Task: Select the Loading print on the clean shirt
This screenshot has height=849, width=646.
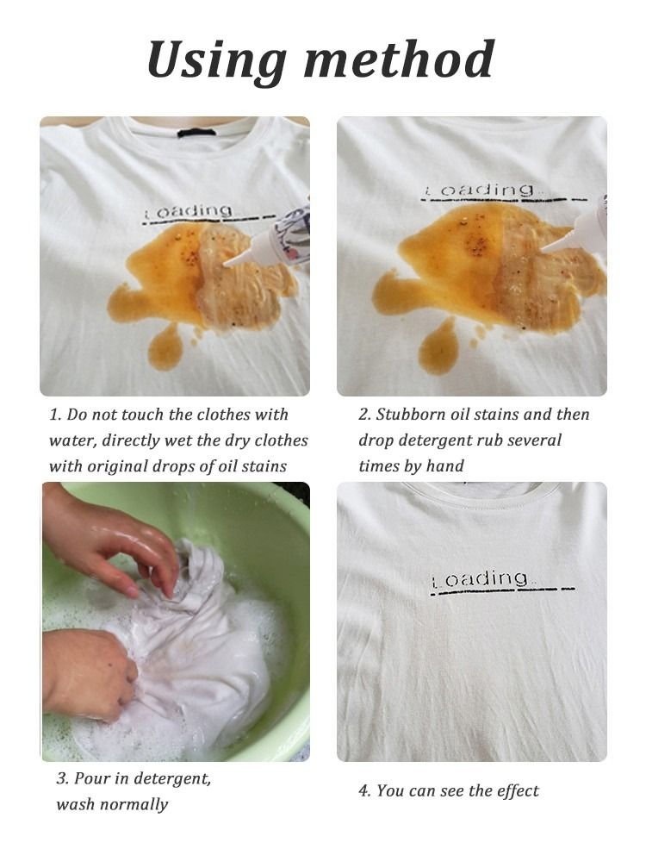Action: [x=481, y=579]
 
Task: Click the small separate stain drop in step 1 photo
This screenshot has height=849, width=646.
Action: [x=165, y=348]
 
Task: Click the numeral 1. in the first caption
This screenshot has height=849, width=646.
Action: [x=55, y=415]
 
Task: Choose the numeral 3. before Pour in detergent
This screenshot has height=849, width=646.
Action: [x=62, y=779]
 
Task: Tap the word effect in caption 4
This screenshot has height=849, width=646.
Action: [x=516, y=790]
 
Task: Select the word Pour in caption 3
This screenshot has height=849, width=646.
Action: [x=91, y=779]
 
